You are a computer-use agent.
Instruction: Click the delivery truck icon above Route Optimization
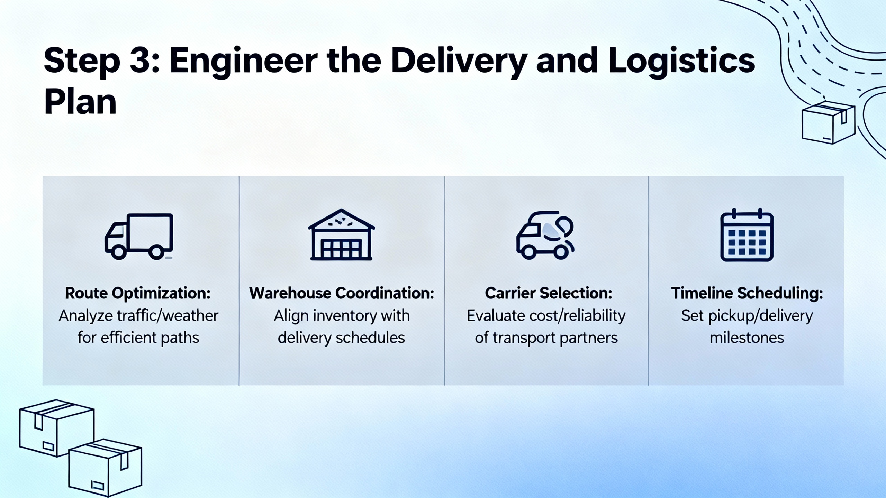click(x=139, y=237)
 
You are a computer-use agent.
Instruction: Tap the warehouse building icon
click(x=341, y=234)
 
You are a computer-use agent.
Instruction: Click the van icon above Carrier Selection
click(x=545, y=235)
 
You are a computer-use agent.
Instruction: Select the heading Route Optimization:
click(x=138, y=293)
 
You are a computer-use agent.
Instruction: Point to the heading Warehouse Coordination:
click(x=342, y=293)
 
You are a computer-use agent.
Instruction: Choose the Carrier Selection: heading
click(x=549, y=293)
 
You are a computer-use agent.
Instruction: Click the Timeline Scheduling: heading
click(x=747, y=293)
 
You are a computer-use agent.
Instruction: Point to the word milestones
click(x=747, y=338)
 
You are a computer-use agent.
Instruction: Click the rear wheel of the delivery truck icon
click(x=156, y=252)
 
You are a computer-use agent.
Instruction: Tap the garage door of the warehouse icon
click(x=341, y=249)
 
